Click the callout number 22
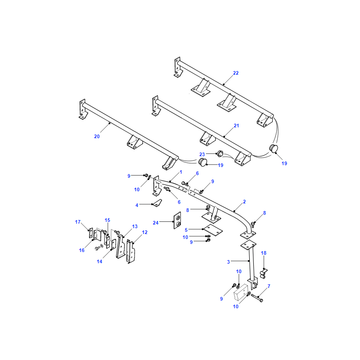[x=236, y=73]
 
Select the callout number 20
[x=97, y=136]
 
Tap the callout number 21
[x=236, y=126]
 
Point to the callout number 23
[x=202, y=154]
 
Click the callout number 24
[x=156, y=223]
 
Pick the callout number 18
[x=264, y=253]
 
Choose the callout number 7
[x=269, y=286]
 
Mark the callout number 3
[x=229, y=262]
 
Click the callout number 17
[x=78, y=222]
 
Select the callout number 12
[x=144, y=232]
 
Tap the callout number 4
[x=137, y=205]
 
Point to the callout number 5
[x=186, y=230]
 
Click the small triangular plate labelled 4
[x=157, y=203]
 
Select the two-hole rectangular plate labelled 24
[x=177, y=220]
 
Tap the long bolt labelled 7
[x=257, y=297]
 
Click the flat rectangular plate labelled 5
[x=212, y=230]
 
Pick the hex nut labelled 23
[x=220, y=153]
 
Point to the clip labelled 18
[x=263, y=274]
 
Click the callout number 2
[x=244, y=202]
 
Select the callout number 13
[x=135, y=227]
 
